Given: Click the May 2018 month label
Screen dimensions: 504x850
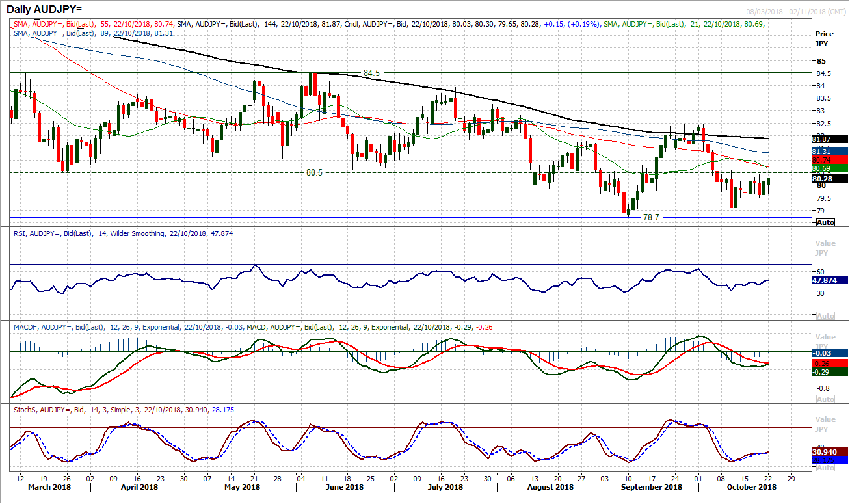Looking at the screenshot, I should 242,487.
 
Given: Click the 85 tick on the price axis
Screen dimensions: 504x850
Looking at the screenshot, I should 822,60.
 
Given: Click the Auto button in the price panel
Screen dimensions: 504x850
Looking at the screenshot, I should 825,222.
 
